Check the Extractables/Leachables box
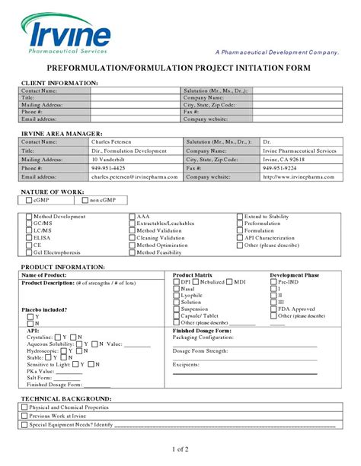pos(133,223)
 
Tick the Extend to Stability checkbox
pos(240,216)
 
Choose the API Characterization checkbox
pos(240,238)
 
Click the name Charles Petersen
pos(110,142)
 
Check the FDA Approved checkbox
pos(274,309)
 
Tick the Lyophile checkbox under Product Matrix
pos(177,295)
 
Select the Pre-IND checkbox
pos(274,281)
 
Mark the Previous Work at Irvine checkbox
pos(24,416)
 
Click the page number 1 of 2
pos(180,450)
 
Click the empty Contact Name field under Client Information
pos(136,91)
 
